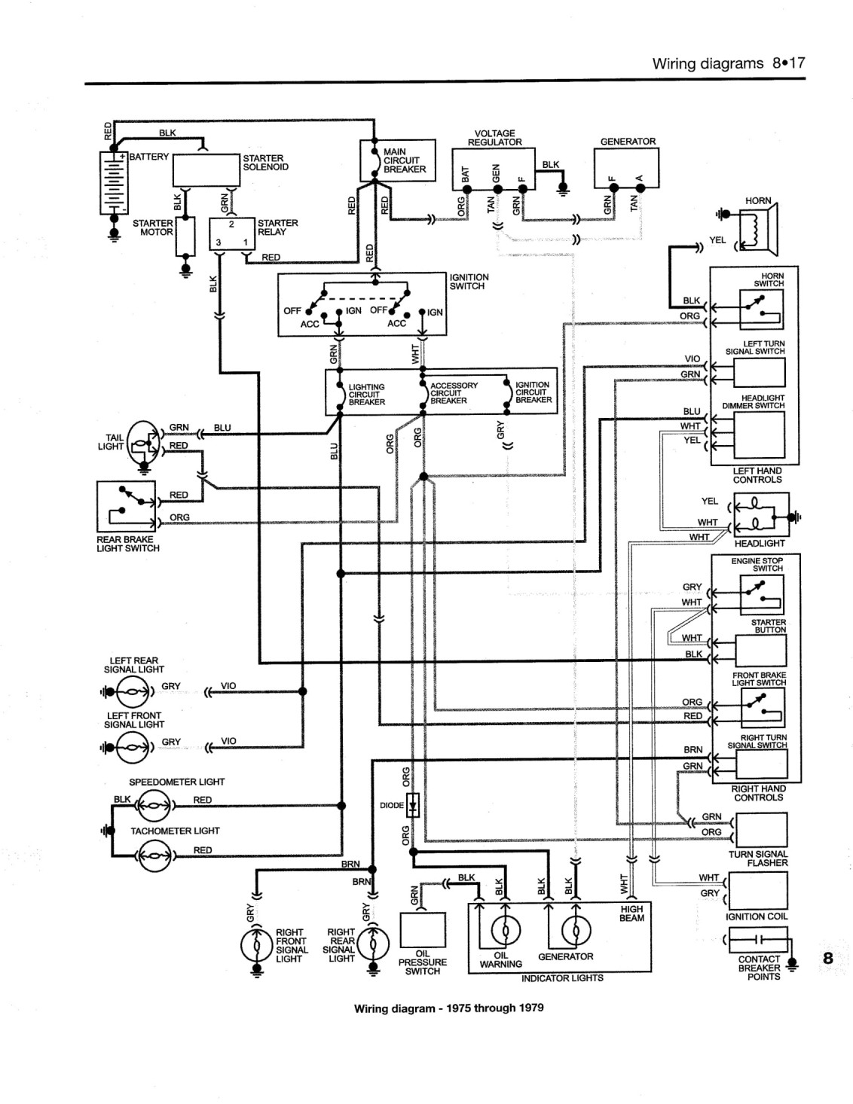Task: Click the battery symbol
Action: tap(113, 182)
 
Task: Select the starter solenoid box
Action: tap(206, 169)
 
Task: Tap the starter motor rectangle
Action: tap(185, 236)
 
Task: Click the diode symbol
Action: tap(413, 805)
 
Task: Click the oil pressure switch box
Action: tap(423, 930)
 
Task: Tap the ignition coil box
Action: tap(758, 891)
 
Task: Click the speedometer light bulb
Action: tap(154, 806)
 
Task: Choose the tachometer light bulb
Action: tap(154, 855)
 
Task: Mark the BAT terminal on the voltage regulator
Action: tap(466, 189)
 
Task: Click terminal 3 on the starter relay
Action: tap(219, 242)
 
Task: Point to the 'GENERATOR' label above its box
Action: tap(628, 142)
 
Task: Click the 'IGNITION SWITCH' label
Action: tap(469, 282)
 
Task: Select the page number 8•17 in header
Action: tap(789, 63)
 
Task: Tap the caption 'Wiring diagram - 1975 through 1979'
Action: tap(449, 1008)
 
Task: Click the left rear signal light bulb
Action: tap(133, 691)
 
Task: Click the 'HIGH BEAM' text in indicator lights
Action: tap(632, 913)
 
